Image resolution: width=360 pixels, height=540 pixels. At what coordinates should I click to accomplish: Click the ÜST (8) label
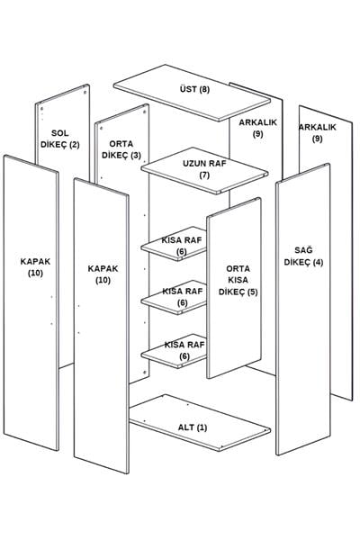194,89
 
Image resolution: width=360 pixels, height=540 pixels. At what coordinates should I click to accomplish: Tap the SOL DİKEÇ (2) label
60,139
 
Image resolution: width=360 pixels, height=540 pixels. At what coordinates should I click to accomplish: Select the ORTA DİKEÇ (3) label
121,149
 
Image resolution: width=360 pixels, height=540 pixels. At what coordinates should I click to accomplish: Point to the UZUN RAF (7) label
204,169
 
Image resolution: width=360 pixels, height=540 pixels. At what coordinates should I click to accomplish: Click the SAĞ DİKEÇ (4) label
303,256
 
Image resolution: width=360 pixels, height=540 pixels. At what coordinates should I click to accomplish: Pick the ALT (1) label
193,427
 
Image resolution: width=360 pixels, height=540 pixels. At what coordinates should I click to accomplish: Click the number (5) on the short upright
252,292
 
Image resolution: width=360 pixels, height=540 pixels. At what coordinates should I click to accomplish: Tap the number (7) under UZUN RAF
204,175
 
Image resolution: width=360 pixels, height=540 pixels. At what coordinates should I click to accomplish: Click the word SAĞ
303,250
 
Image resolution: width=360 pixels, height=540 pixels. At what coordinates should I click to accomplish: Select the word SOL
60,133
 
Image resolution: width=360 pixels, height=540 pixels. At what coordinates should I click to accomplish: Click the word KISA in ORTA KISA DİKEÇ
238,280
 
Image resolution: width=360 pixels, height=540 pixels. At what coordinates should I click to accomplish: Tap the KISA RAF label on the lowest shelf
184,345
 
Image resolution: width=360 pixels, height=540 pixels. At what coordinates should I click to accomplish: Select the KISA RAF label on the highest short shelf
182,240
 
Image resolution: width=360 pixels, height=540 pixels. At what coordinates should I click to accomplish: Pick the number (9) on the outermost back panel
318,139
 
